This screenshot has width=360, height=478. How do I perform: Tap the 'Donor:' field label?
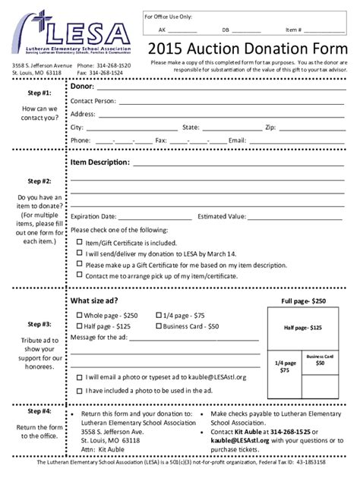83,87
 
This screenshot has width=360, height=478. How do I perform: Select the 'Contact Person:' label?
93,101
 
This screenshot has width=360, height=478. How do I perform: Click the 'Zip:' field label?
270,127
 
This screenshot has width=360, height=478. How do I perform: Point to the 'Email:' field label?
237,140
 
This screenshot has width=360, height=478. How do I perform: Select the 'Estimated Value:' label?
222,216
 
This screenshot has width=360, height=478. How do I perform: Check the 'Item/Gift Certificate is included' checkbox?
79,242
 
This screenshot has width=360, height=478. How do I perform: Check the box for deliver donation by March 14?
79,253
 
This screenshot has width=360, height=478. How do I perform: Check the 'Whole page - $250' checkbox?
77,314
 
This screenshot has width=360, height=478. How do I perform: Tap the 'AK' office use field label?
162,30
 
